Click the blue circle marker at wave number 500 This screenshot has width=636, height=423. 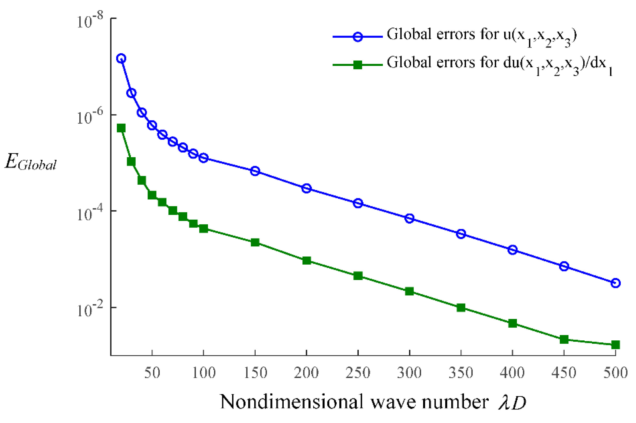click(x=615, y=283)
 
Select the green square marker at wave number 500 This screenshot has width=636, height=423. click(x=615, y=345)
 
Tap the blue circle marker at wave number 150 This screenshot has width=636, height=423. click(x=255, y=171)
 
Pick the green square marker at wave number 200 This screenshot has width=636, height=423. click(x=306, y=260)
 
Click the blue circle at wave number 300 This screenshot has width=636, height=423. click(x=409, y=218)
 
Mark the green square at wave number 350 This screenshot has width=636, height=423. click(x=461, y=308)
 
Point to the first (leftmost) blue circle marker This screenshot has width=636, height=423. click(x=121, y=59)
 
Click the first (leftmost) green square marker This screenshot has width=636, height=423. click(x=121, y=128)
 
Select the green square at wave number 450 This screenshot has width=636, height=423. click(x=564, y=339)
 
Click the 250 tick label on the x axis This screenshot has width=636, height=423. click(x=358, y=373)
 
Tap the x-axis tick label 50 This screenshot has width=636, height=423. click(x=152, y=373)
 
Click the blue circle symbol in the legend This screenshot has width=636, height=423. click(x=358, y=36)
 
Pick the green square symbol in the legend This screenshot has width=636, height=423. click(x=358, y=65)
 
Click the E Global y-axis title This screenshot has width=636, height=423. click(x=30, y=163)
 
